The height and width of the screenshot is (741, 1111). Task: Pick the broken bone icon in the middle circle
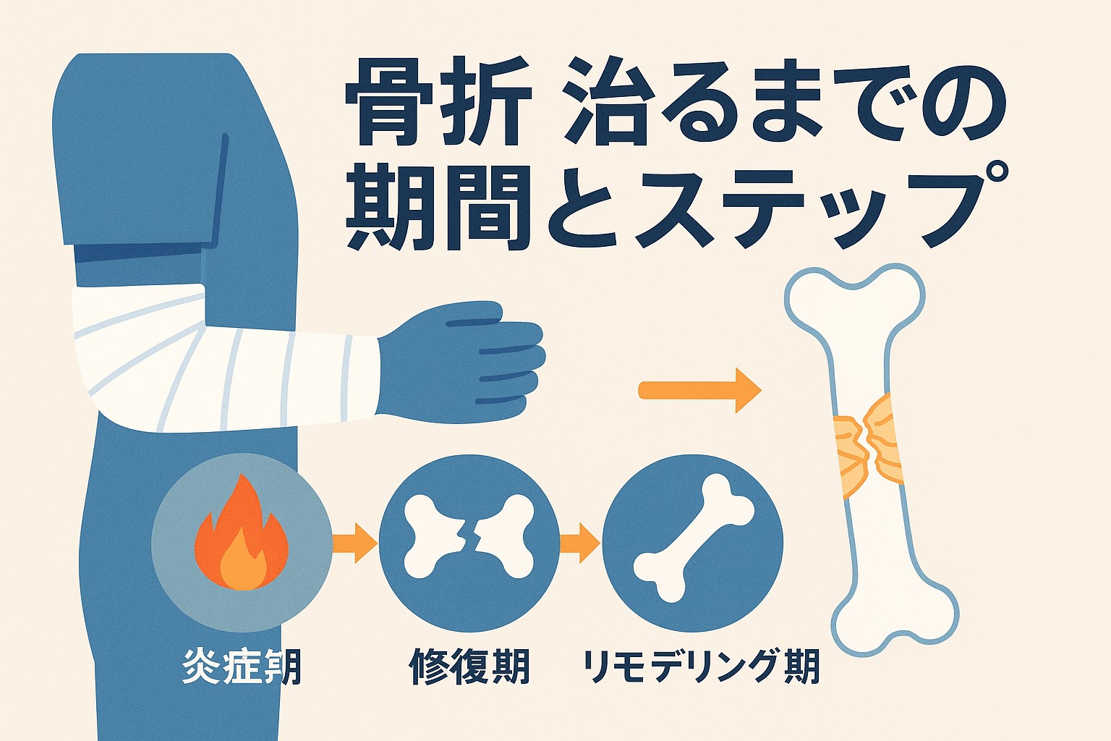point(469,536)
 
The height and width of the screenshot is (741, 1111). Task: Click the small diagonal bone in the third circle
point(694,538)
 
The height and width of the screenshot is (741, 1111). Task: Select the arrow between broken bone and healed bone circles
point(580,542)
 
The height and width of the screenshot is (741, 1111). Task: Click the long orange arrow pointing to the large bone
point(700,390)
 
